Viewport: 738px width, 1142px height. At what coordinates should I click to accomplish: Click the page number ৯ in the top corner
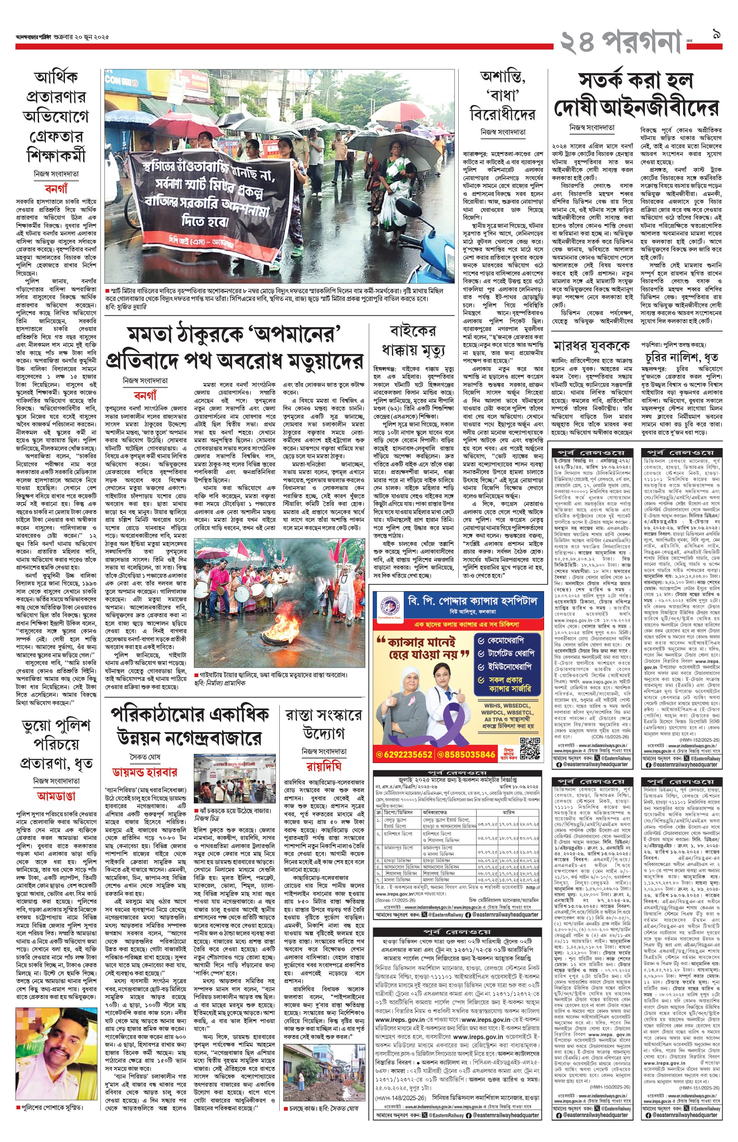pos(715,34)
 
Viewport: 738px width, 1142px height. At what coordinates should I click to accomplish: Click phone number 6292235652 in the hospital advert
pos(405,755)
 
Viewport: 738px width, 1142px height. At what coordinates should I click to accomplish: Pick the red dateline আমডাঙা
pos(57,796)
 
